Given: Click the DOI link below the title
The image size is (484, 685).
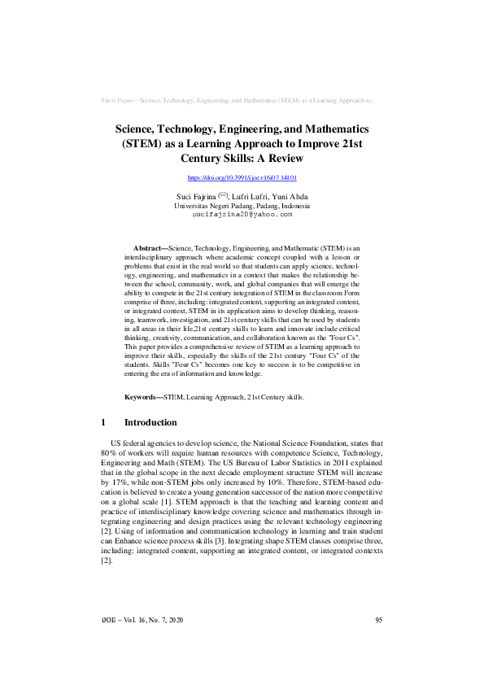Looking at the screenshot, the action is pyautogui.click(x=242, y=177).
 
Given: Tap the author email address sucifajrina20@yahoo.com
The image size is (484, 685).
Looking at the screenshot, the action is pyautogui.click(x=242, y=215).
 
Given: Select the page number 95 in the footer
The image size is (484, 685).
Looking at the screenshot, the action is pyautogui.click(x=378, y=644).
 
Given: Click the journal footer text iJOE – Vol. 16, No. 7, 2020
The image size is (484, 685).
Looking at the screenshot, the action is pyautogui.click(x=142, y=644).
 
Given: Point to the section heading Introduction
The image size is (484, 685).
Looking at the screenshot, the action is pyautogui.click(x=150, y=423).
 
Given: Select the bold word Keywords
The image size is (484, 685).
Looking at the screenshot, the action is pyautogui.click(x=142, y=398).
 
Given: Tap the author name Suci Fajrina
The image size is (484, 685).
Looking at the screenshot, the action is pyautogui.click(x=196, y=197).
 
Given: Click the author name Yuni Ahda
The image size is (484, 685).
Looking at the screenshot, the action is pyautogui.click(x=291, y=197).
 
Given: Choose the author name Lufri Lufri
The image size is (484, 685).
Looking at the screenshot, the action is pyautogui.click(x=251, y=197).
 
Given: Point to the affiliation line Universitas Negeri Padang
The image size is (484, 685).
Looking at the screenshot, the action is pyautogui.click(x=242, y=206).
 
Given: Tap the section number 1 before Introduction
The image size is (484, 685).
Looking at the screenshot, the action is pyautogui.click(x=104, y=423).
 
